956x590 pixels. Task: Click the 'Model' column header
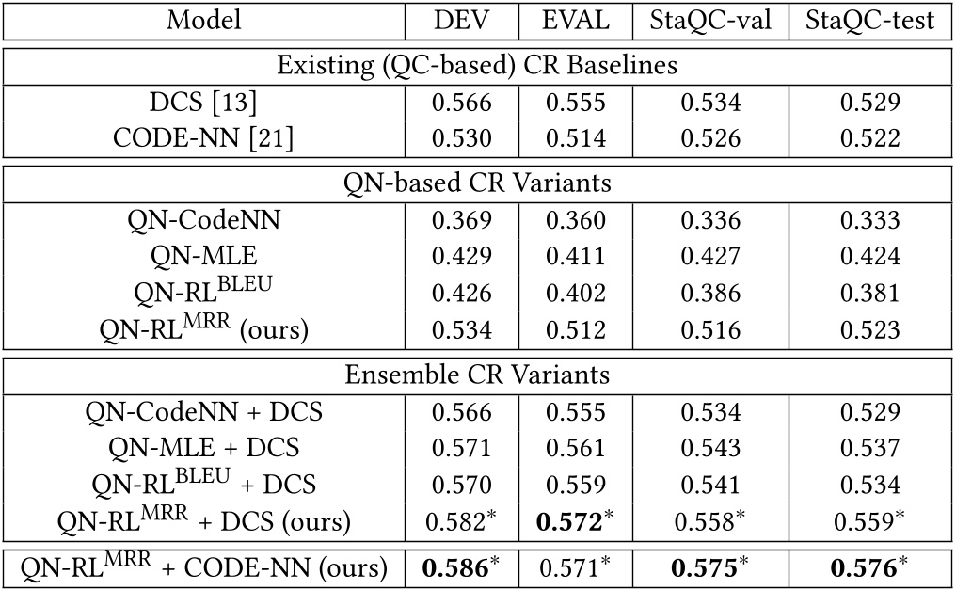(x=203, y=22)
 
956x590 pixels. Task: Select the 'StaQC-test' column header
(x=870, y=22)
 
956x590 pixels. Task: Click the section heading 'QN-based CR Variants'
(x=478, y=183)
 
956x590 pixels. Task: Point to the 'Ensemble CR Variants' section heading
(x=478, y=375)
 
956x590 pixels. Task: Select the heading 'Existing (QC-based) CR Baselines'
(x=478, y=67)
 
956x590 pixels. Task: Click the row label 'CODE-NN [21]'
(x=203, y=139)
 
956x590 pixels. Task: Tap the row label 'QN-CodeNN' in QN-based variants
(x=203, y=222)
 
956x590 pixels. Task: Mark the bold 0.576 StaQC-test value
(x=868, y=567)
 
